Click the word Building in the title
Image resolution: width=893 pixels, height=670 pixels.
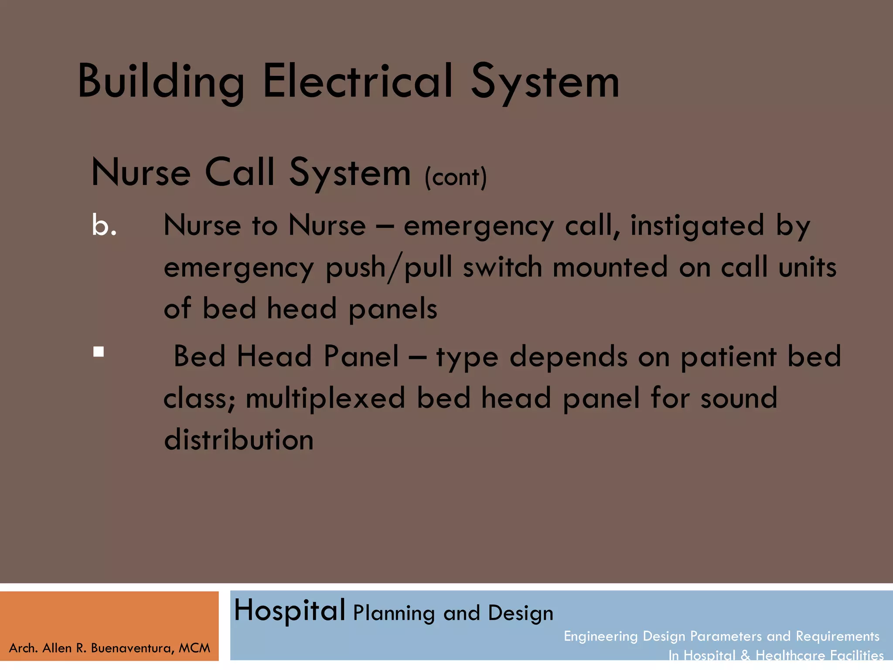pos(160,82)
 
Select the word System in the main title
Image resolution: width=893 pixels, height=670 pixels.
pos(545,82)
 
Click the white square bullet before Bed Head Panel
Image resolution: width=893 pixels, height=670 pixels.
pos(99,352)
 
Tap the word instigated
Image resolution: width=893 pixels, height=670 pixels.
pos(697,226)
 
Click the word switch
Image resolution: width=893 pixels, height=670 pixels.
pos(502,267)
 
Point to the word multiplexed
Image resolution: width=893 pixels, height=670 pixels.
pos(325,398)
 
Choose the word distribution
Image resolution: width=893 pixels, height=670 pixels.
pos(239,439)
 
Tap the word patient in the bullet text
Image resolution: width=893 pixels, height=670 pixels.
pos(729,357)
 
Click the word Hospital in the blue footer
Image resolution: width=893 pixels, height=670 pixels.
pos(290,610)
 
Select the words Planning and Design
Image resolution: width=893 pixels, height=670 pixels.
pos(453,613)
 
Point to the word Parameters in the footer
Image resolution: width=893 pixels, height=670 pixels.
pos(726,636)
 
